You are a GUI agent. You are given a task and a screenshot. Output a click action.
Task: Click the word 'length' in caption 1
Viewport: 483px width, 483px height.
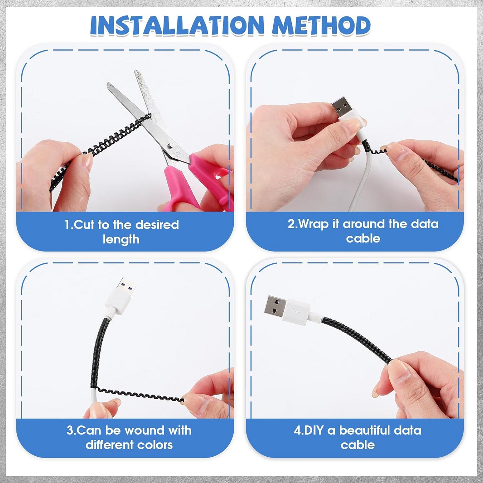121,239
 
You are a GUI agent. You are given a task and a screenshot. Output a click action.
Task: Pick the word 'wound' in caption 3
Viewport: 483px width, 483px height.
145,430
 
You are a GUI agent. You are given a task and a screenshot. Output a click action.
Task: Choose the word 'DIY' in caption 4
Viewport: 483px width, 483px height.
313,430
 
